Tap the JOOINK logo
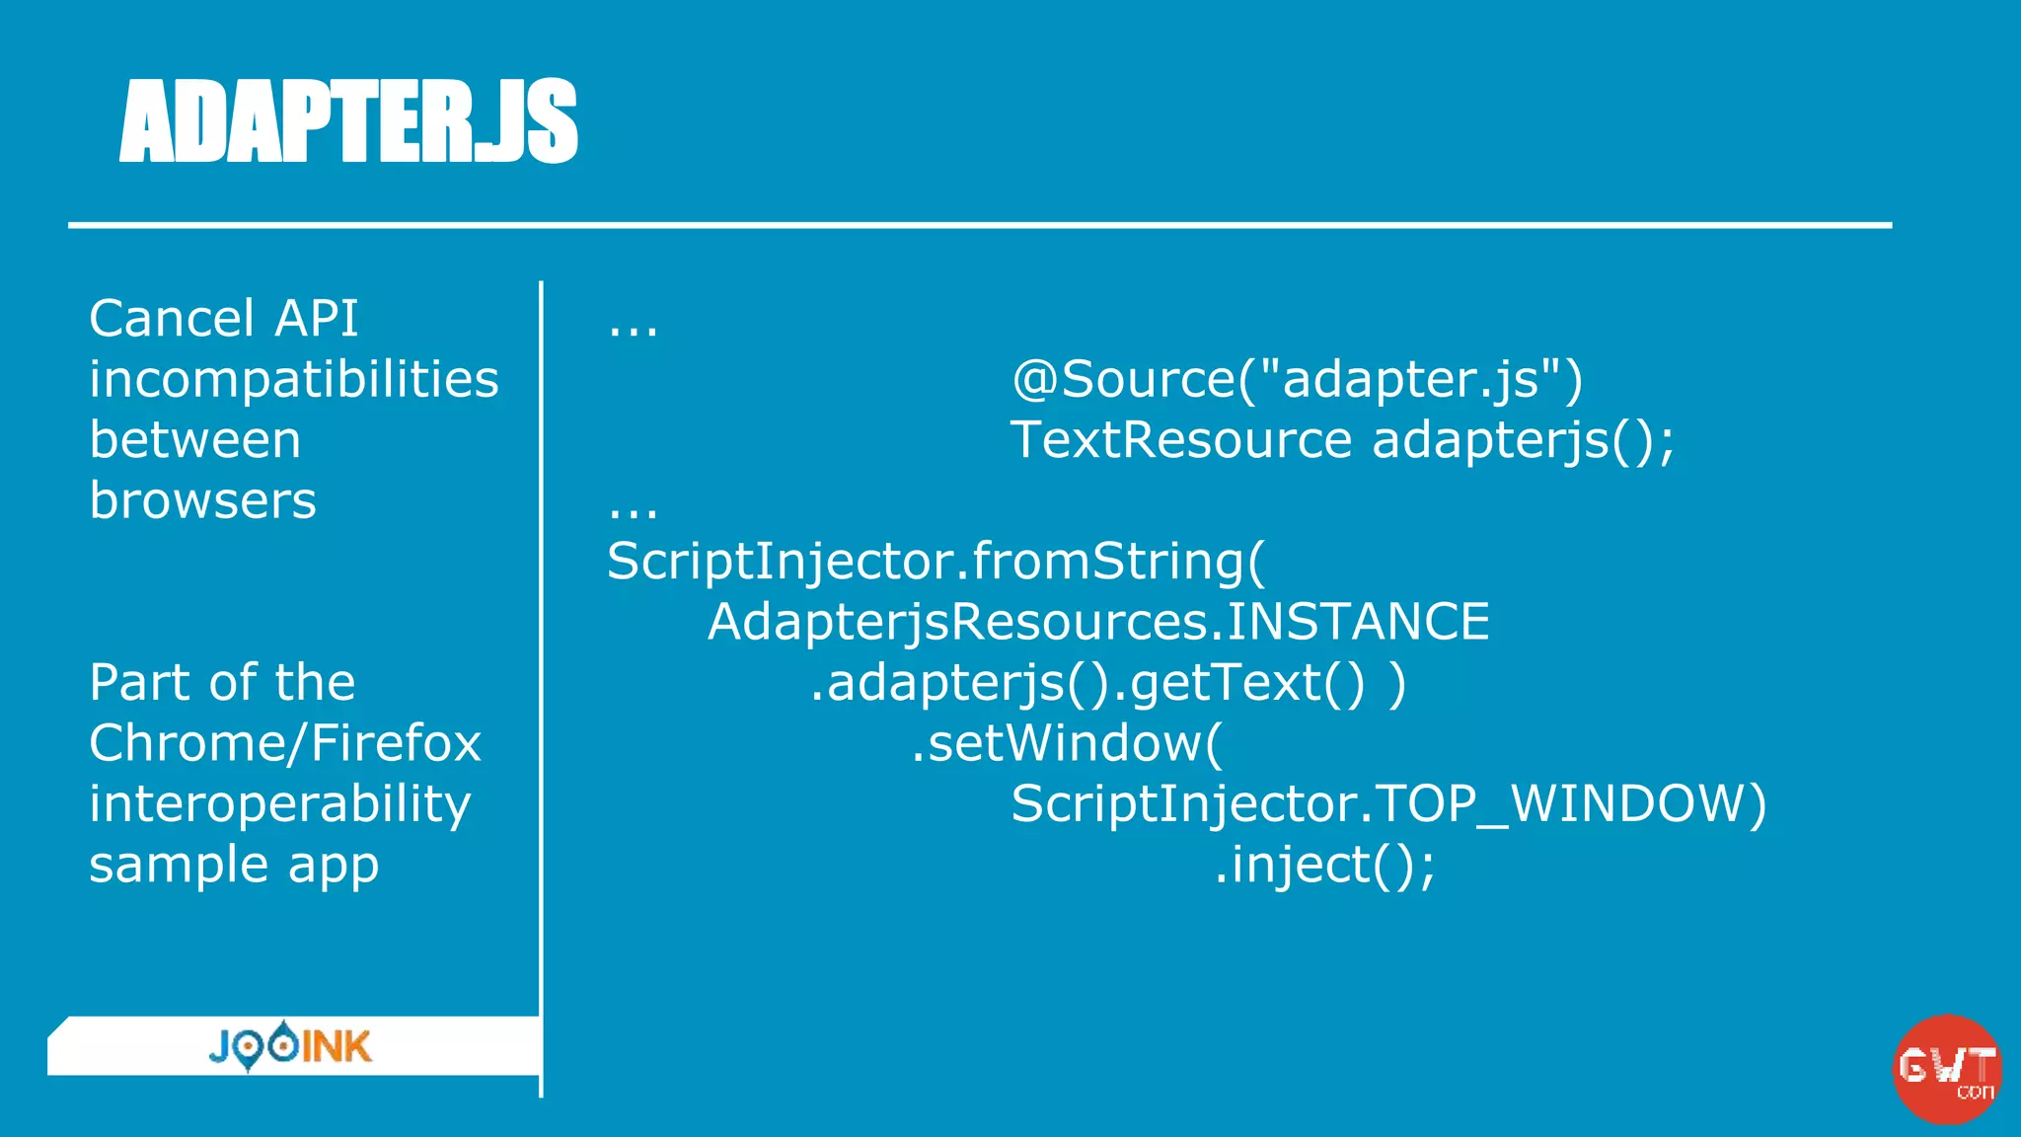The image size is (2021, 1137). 290,1046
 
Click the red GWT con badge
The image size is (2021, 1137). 1946,1069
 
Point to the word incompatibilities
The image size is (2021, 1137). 294,380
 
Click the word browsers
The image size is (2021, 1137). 203,501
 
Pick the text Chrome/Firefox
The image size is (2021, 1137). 285,743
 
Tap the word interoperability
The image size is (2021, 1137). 280,804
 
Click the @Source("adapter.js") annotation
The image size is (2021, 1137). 1297,380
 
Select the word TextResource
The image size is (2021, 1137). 1180,440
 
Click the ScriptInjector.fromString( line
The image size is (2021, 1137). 936,562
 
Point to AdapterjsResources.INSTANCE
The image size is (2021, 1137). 1098,622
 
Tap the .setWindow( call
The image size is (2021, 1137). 1066,743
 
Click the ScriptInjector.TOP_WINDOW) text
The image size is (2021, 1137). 1388,804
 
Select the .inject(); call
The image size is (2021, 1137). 1324,866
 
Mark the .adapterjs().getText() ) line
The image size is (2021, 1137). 1107,683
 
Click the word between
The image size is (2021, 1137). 195,440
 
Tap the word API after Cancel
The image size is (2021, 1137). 316,319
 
